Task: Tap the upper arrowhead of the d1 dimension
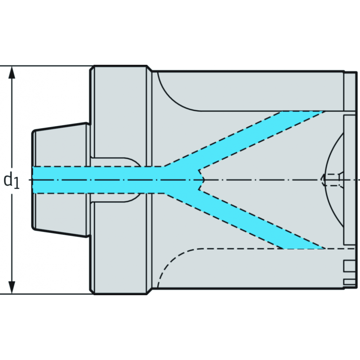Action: (x=12, y=72)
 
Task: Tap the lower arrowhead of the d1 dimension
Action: (x=12, y=287)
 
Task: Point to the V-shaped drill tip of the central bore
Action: (x=201, y=180)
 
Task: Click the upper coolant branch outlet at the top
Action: (x=303, y=112)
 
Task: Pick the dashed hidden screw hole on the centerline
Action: (x=332, y=180)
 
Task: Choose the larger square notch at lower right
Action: (x=349, y=266)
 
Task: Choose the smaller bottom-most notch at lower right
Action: (x=349, y=282)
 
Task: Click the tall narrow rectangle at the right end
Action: (x=349, y=180)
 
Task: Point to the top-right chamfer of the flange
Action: (x=149, y=68)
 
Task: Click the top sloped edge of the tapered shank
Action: (x=60, y=126)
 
